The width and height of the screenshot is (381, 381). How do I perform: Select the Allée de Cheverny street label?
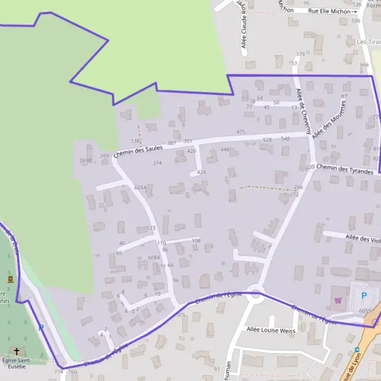[x=304, y=111]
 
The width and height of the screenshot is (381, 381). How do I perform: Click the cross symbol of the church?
[x=17, y=351]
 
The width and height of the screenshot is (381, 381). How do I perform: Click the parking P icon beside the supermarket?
[x=364, y=295]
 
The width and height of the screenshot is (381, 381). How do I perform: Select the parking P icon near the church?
[x=41, y=328]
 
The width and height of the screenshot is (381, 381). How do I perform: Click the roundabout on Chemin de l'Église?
[x=255, y=293]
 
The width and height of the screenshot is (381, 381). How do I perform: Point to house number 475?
[x=240, y=131]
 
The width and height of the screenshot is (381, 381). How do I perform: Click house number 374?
[x=157, y=163]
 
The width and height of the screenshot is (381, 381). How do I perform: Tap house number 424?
[x=201, y=172]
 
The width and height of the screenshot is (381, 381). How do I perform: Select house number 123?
[x=150, y=227]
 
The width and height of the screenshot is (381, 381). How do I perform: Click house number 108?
[x=196, y=241]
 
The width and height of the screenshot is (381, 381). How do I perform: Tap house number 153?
[x=293, y=63]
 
